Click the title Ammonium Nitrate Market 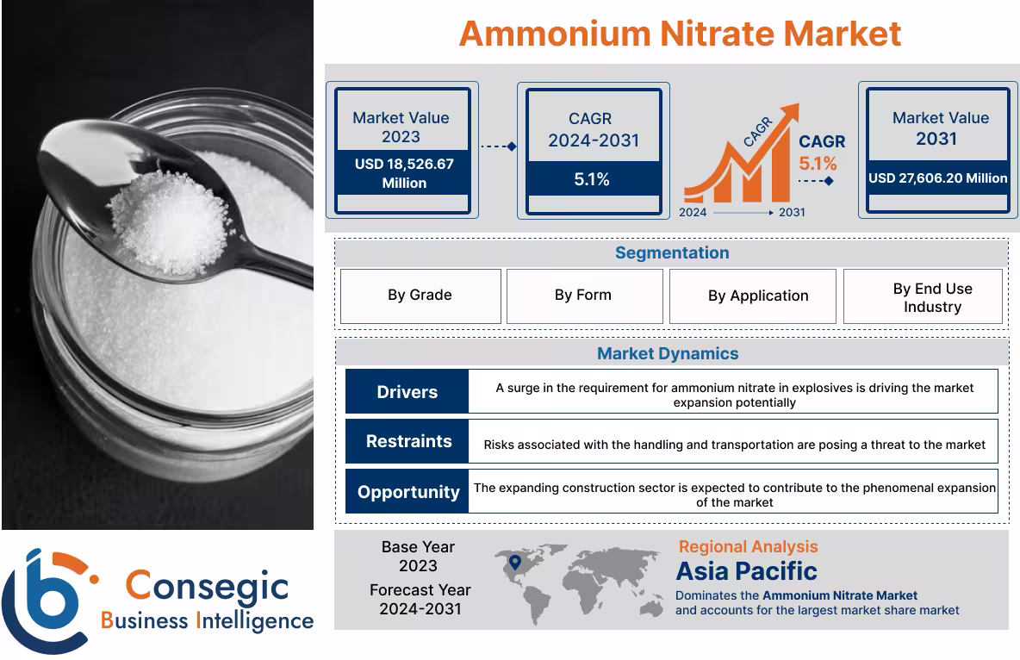[680, 34]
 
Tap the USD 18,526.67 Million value [403, 172]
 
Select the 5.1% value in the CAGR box [592, 179]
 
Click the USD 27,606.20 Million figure [937, 178]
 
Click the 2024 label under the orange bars [693, 212]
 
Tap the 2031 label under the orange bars [792, 212]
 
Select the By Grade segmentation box [420, 296]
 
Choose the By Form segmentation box [583, 296]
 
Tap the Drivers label [407, 392]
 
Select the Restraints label [408, 441]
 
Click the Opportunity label [408, 492]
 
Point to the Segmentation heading [672, 253]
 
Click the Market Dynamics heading [668, 353]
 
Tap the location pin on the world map [515, 563]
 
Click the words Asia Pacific [746, 570]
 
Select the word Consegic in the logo [207, 586]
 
